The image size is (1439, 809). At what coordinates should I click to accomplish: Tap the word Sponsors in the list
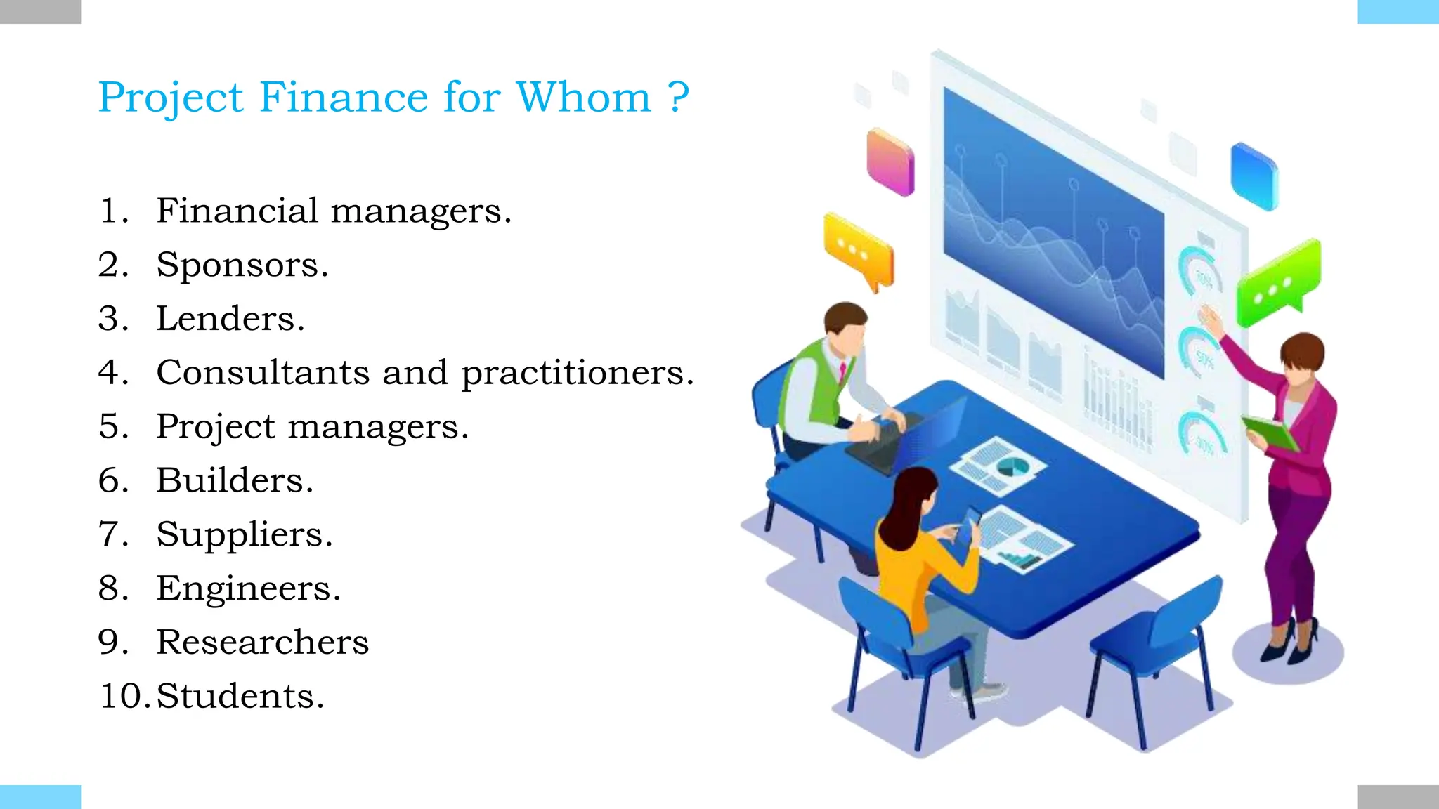242,265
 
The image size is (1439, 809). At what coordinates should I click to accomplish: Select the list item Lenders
230,319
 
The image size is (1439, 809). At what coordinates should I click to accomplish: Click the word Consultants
263,372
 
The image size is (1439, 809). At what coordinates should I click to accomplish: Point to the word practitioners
576,374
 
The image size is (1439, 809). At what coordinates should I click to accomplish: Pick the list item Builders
234,480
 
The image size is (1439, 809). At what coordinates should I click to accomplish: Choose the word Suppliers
244,535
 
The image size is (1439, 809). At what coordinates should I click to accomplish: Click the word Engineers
248,588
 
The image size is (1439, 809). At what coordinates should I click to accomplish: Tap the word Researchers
262,642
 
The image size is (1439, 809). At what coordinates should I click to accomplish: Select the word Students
240,696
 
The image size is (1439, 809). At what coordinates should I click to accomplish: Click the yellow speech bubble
859,253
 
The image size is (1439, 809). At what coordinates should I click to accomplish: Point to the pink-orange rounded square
890,162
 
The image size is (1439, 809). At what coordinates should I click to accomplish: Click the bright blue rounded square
1254,176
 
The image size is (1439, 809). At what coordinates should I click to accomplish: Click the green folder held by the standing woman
1270,433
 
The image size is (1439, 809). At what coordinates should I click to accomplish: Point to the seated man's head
845,329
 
